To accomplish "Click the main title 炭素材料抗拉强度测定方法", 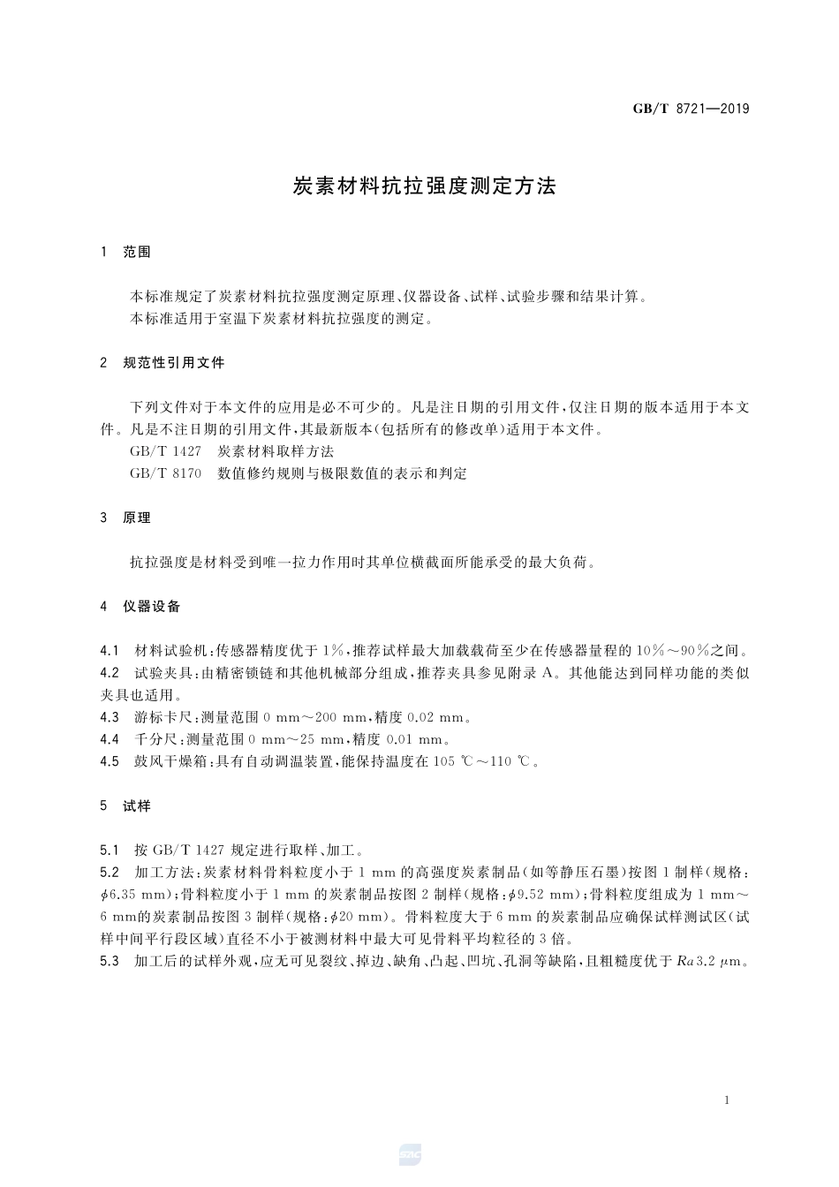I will [424, 186].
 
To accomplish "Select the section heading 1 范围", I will [126, 252].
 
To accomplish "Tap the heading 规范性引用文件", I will [174, 362].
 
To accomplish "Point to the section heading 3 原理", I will [126, 518].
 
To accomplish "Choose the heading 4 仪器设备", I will [141, 606].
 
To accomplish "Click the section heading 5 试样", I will [126, 805].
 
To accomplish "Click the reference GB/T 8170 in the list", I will [165, 473].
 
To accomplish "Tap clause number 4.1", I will [110, 651].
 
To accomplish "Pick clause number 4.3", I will [110, 717].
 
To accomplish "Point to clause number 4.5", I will [110, 761].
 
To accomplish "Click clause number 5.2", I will [110, 873].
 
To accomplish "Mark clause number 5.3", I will [110, 961].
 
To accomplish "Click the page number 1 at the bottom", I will [726, 1100].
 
